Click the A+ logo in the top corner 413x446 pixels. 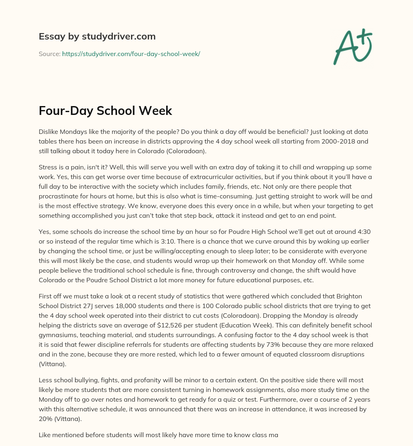pos(353,46)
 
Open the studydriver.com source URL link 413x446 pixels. pos(131,54)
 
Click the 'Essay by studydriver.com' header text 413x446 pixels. pos(97,36)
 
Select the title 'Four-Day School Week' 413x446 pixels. pos(105,111)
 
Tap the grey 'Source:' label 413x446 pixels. pos(49,54)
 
